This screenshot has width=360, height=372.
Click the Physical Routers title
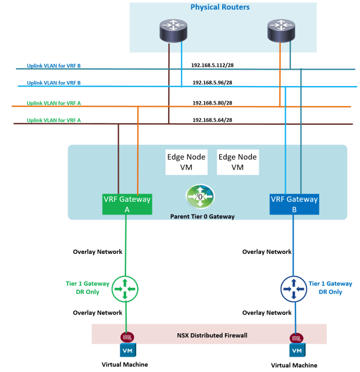click(x=220, y=7)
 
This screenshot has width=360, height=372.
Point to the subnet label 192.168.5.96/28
click(x=212, y=83)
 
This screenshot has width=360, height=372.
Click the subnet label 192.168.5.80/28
click(x=212, y=103)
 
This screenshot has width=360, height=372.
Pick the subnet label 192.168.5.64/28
click(x=212, y=120)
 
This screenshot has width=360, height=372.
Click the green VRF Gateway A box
click(x=127, y=203)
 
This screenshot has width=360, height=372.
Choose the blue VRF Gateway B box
click(x=294, y=203)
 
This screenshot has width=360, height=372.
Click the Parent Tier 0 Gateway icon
click(x=200, y=197)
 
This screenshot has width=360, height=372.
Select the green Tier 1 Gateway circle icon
click(x=125, y=289)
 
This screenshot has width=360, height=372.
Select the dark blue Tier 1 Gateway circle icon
click(x=293, y=289)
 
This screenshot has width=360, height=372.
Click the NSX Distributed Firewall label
click(x=211, y=335)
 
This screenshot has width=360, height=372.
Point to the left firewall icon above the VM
click(x=125, y=338)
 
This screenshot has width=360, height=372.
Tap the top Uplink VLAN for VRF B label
click(x=53, y=66)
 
